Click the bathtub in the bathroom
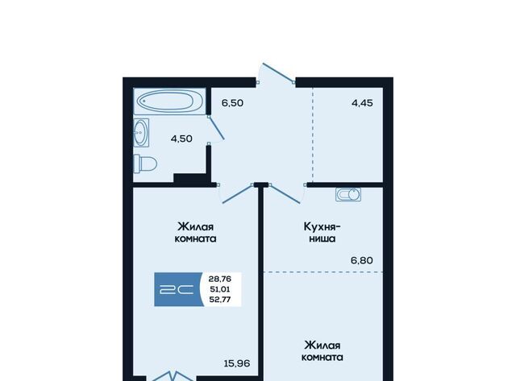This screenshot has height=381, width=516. tap(170, 101)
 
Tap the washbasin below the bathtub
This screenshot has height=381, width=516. tap(141, 133)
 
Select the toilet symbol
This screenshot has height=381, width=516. tap(145, 164)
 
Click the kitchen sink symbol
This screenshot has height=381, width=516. tap(348, 194)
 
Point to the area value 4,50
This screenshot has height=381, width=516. tap(181, 139)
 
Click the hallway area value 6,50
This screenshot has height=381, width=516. tap(232, 103)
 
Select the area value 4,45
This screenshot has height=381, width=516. tap(362, 103)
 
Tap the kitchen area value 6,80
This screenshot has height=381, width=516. tap(362, 260)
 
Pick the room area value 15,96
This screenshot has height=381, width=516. tap(236, 363)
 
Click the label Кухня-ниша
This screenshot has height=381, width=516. tap(322, 233)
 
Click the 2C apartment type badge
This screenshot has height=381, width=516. tap(178, 289)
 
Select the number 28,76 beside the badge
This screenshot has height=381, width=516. tap(220, 279)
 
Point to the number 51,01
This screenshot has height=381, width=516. tap(220, 289)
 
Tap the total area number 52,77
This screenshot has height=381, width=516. tap(220, 300)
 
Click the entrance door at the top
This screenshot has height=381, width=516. tap(277, 72)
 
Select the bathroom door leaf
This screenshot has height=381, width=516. tap(216, 127)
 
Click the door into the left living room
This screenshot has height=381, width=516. tap(238, 193)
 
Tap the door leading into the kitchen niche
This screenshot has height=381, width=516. tap(285, 193)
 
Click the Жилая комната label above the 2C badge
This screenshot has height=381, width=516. tap(195, 233)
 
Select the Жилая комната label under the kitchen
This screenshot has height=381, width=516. tap(322, 351)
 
